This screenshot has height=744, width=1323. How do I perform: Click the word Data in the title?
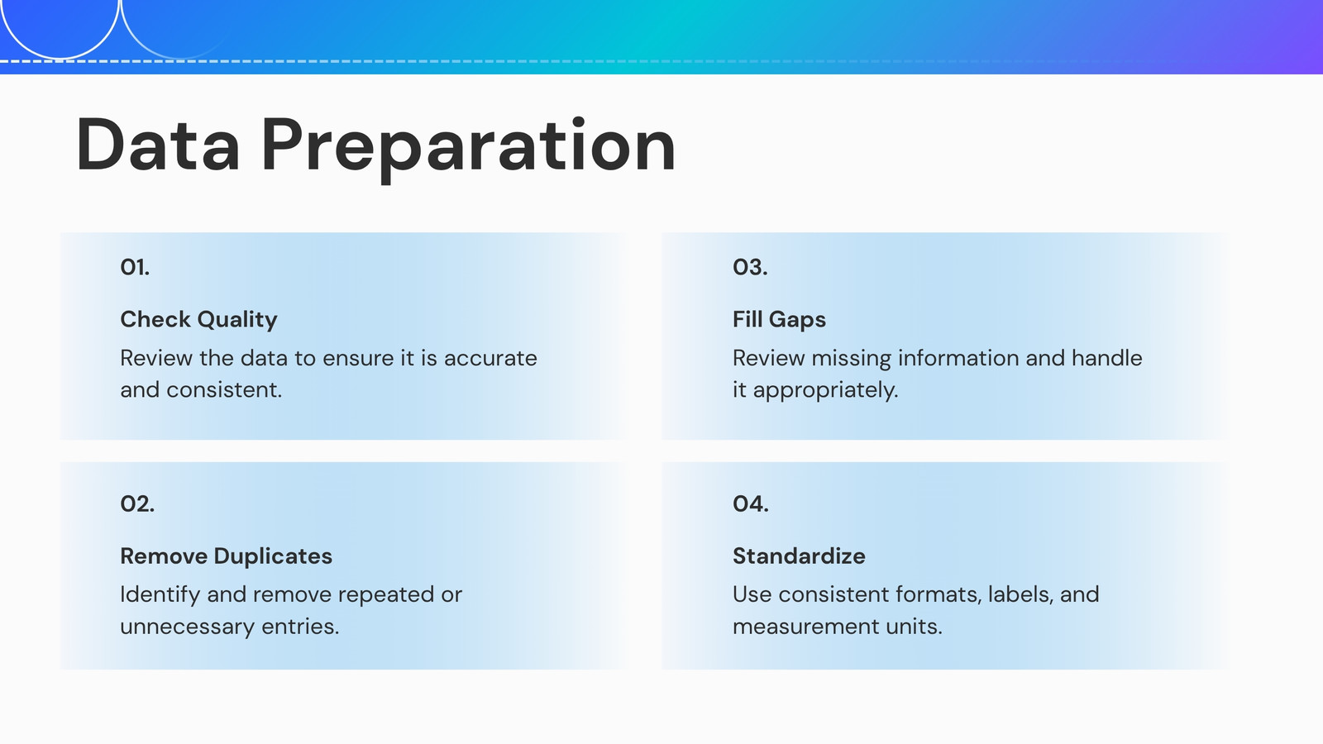point(158,145)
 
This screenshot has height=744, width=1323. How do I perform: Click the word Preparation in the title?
point(468,149)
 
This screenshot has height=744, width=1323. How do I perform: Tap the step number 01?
point(135,268)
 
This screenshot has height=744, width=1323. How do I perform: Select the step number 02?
point(137,503)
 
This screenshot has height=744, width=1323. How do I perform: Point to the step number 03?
point(750,268)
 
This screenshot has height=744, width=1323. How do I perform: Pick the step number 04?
point(751,503)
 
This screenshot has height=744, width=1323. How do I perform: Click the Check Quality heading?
point(198,320)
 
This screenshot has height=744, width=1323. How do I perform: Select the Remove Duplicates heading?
point(227,556)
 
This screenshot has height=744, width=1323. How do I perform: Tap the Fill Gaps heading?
point(779,320)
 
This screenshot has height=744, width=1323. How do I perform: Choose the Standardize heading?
point(799,556)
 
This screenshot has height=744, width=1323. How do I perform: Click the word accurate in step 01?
point(490,359)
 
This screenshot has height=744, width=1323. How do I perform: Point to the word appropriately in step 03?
point(825,391)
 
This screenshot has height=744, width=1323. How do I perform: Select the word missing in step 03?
point(851,359)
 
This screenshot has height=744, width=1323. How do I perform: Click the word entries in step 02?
point(300,627)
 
